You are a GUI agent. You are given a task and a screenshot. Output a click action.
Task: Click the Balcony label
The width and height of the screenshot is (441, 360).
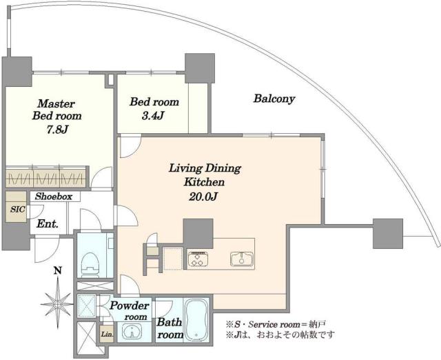click(x=274, y=99)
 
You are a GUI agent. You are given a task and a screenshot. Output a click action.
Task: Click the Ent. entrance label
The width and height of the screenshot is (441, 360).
click(x=47, y=224)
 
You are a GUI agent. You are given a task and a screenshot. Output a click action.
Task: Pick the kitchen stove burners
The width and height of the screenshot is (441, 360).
click(x=199, y=259)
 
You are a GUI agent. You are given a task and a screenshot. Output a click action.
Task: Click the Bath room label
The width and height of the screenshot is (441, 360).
click(x=170, y=328)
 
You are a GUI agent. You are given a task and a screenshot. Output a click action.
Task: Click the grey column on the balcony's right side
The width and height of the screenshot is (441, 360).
click(x=387, y=233)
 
